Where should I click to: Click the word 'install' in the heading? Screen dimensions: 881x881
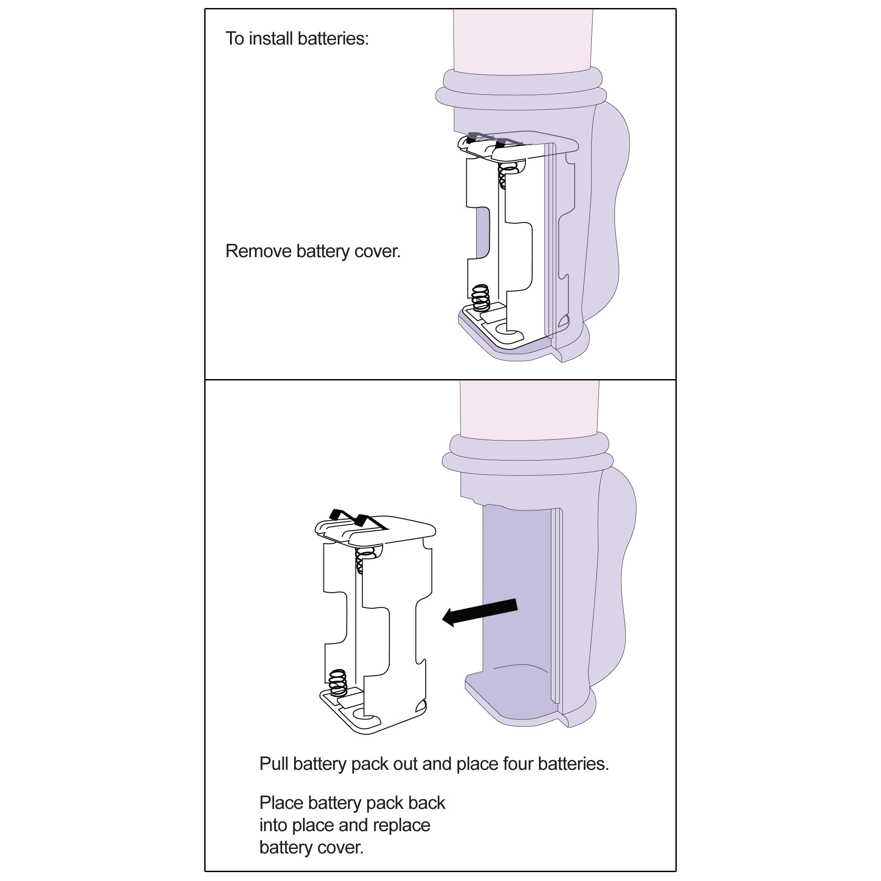pyautogui.click(x=271, y=39)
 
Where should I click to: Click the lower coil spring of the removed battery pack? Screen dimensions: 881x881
pyautogui.click(x=338, y=682)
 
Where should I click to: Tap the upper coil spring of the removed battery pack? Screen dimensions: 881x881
pyautogui.click(x=364, y=559)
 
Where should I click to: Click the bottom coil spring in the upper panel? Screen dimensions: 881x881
pyautogui.click(x=480, y=297)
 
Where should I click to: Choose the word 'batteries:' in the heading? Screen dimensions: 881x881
pyautogui.click(x=333, y=39)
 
